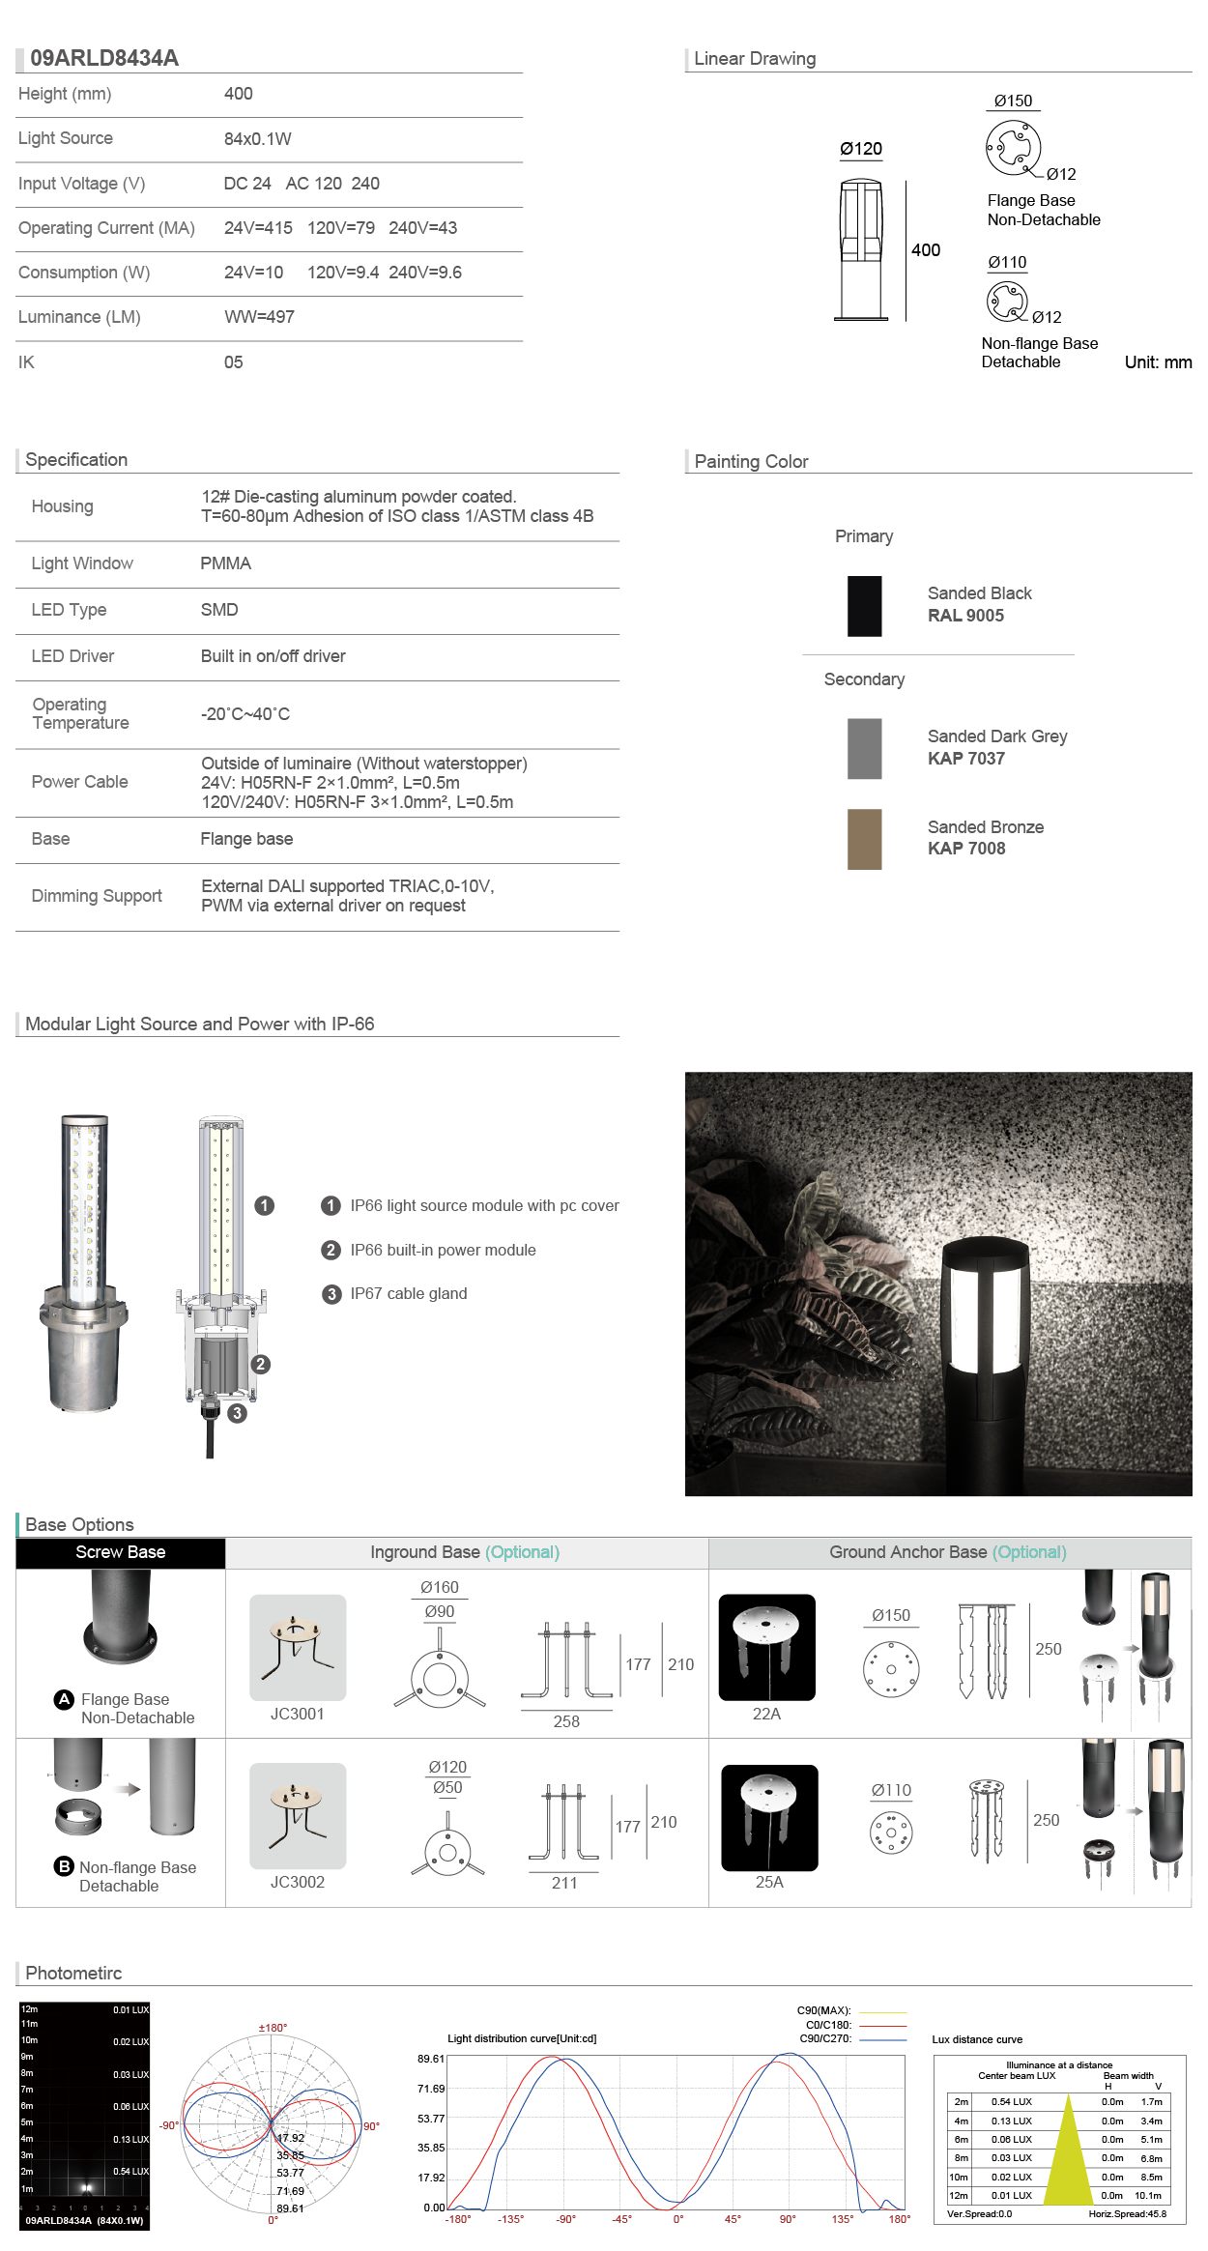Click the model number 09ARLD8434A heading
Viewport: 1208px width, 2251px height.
(x=104, y=58)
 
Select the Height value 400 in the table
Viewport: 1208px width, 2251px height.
(x=238, y=94)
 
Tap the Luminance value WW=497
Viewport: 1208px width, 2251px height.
(x=259, y=317)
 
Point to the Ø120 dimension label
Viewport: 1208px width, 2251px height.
(x=860, y=149)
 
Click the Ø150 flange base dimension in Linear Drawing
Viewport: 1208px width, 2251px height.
(x=1013, y=101)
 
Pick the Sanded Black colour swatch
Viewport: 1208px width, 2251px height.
(x=864, y=606)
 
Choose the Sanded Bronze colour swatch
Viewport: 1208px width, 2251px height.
(x=864, y=839)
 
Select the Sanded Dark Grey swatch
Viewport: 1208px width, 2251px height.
(x=864, y=748)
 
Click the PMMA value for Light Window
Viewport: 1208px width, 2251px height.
(x=225, y=563)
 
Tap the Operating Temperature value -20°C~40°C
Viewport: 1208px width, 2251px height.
(x=245, y=714)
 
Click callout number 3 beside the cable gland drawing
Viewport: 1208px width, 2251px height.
(x=238, y=1413)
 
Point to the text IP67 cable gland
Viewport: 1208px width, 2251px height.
(x=408, y=1294)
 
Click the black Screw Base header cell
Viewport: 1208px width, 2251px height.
(x=121, y=1552)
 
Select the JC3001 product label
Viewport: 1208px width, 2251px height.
(x=297, y=1714)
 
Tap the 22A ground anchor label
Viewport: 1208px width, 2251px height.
(x=766, y=1714)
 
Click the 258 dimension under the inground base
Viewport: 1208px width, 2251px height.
(x=566, y=1721)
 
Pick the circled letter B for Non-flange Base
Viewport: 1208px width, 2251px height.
(x=65, y=1866)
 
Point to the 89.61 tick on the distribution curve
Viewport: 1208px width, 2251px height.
(x=431, y=2059)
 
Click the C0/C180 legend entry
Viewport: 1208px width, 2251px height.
(x=828, y=2025)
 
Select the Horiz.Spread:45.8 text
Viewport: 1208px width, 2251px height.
(x=1127, y=2213)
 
